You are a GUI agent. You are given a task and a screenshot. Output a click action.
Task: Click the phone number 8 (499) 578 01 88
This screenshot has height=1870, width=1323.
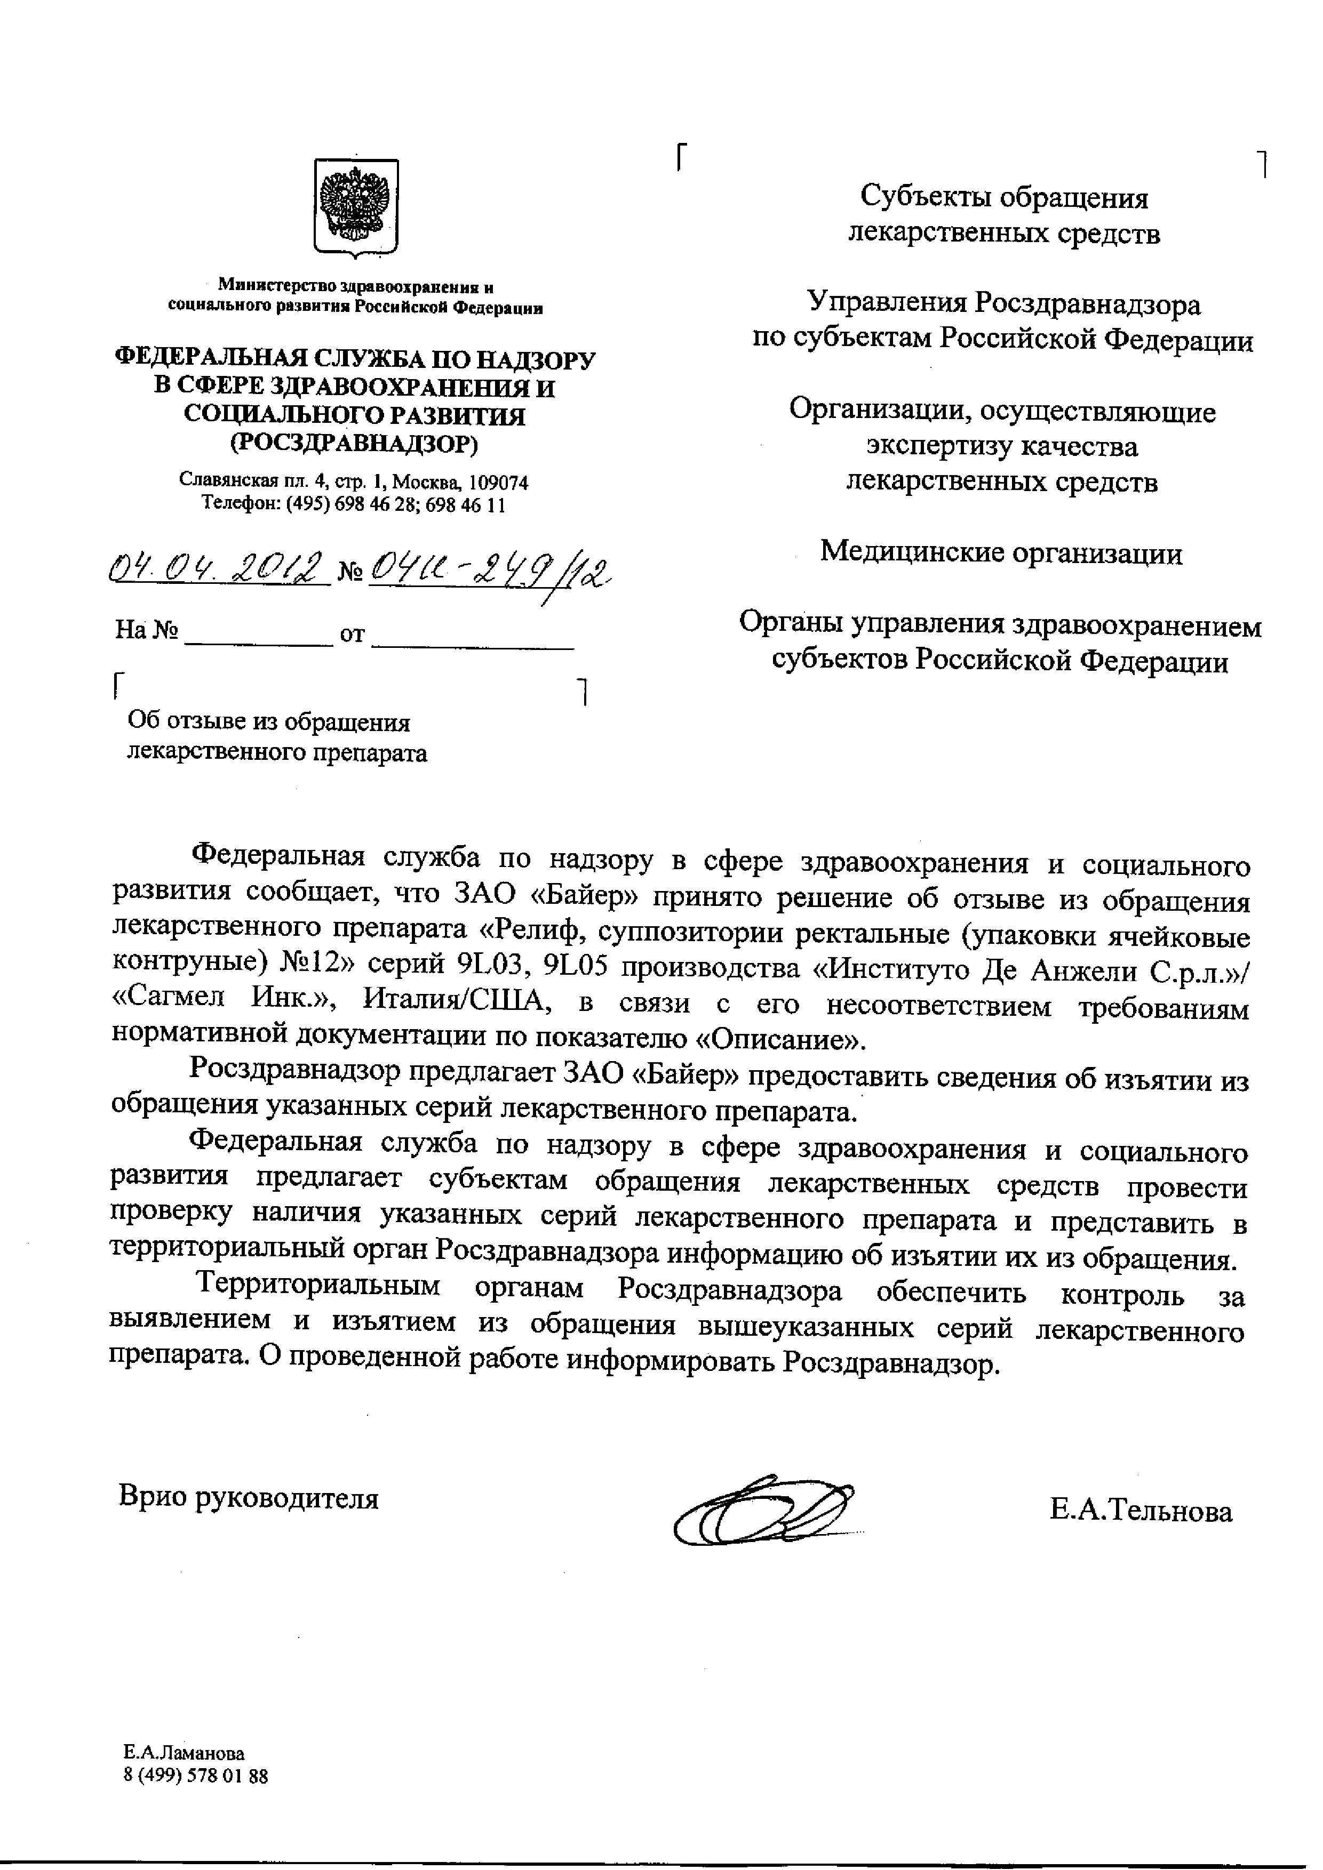pos(196,1776)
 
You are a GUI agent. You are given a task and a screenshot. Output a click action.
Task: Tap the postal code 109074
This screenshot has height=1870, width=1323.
pos(499,482)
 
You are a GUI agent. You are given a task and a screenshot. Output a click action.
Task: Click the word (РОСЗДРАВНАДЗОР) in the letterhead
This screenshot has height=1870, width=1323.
pos(354,443)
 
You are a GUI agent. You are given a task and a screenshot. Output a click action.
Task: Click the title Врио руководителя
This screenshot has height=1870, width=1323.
pos(249,1497)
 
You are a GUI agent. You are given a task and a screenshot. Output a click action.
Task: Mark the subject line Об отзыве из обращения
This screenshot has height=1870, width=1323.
pos(269,723)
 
